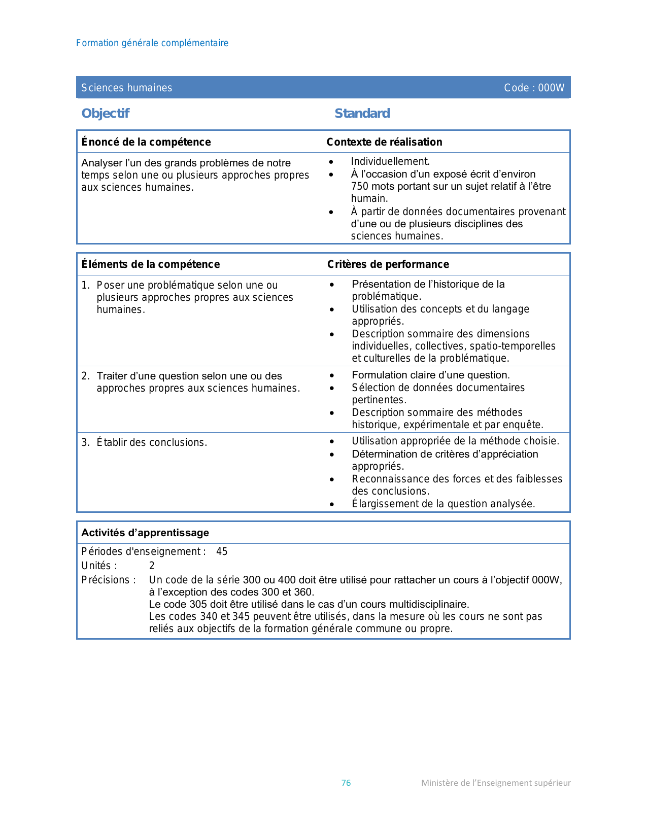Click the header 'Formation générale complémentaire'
click(152, 43)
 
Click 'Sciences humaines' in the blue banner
click(126, 88)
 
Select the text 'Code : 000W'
click(534, 88)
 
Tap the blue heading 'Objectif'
click(106, 113)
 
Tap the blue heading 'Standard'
click(362, 113)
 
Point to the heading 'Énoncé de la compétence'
click(146, 142)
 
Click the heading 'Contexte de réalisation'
click(384, 142)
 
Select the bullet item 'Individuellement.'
click(390, 161)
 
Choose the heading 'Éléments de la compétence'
click(151, 264)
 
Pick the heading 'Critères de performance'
click(388, 264)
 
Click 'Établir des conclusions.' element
click(152, 442)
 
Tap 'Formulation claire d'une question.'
click(431, 375)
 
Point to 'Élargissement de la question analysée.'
click(443, 504)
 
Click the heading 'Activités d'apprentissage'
click(145, 533)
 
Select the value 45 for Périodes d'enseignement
click(222, 551)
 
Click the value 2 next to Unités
click(152, 566)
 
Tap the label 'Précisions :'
click(109, 580)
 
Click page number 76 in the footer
click(346, 783)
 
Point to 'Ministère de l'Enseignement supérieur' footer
click(496, 783)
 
